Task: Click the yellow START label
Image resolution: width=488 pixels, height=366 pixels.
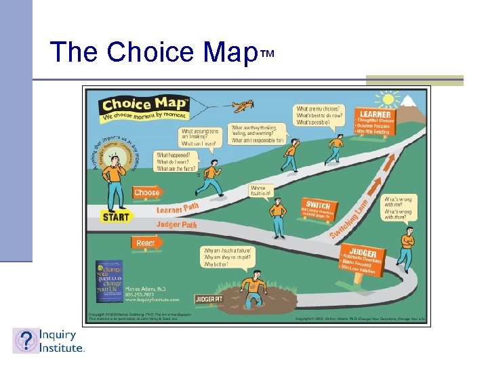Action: (116, 218)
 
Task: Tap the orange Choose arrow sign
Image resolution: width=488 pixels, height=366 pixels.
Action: (146, 192)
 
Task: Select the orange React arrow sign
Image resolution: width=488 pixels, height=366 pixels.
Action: (145, 243)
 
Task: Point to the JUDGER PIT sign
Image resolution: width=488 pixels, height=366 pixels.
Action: (209, 299)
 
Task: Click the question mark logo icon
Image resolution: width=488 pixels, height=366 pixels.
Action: (26, 341)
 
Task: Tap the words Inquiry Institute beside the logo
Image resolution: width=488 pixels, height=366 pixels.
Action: (60, 341)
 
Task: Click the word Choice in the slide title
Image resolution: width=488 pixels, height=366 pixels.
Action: (146, 52)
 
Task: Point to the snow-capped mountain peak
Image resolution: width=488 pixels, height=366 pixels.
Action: (409, 102)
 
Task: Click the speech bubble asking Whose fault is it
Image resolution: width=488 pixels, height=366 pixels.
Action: (262, 191)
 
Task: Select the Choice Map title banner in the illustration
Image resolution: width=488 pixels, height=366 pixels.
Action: (143, 105)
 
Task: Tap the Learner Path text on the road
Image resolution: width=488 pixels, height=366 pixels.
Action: (178, 209)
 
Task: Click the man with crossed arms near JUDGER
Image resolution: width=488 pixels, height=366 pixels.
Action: (408, 240)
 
